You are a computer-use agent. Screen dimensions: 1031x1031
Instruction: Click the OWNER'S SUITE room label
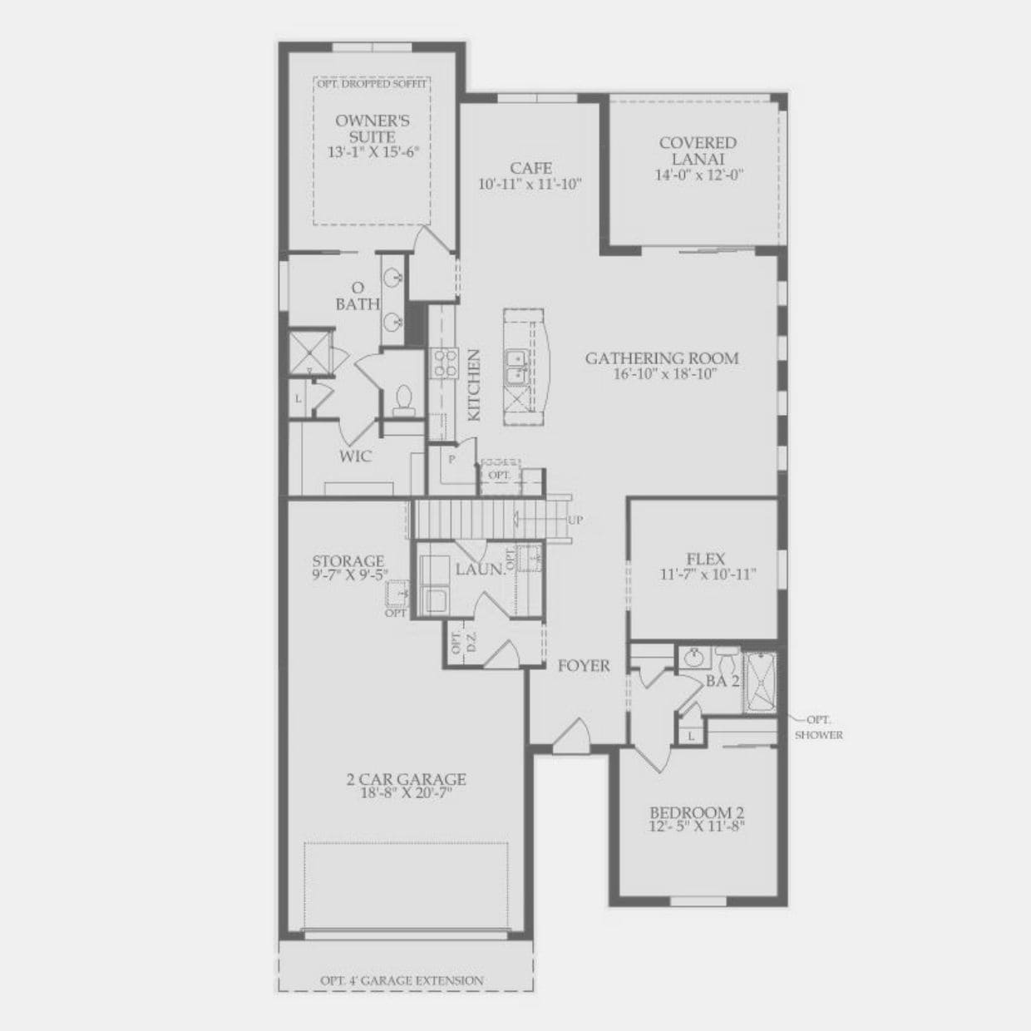[x=372, y=129]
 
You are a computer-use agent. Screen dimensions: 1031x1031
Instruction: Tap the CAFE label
[x=530, y=169]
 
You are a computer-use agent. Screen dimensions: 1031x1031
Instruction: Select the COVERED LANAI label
[x=698, y=150]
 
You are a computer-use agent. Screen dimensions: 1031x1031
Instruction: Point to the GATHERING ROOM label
[x=662, y=359]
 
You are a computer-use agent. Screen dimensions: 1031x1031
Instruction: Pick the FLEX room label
[x=705, y=560]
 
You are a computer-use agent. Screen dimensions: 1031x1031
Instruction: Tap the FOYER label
[x=584, y=665]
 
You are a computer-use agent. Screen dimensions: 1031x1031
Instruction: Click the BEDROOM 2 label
[x=696, y=812]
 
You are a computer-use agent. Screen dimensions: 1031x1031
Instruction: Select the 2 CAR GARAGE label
[x=406, y=779]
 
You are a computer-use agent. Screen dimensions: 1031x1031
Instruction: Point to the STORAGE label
[x=348, y=561]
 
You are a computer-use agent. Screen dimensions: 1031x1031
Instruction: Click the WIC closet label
[x=355, y=456]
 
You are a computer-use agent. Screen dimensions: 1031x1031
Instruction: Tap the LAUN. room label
[x=480, y=570]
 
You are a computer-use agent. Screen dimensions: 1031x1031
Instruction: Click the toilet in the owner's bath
[x=405, y=398]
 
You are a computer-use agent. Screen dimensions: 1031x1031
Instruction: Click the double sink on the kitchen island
[x=517, y=367]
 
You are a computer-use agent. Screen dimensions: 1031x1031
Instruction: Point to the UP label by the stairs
[x=575, y=520]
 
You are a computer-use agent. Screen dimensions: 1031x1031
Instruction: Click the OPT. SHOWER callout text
[x=818, y=728]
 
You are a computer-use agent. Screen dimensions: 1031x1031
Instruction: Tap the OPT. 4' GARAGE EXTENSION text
[x=402, y=980]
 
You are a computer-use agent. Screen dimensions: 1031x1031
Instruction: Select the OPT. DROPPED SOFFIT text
[x=372, y=84]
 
